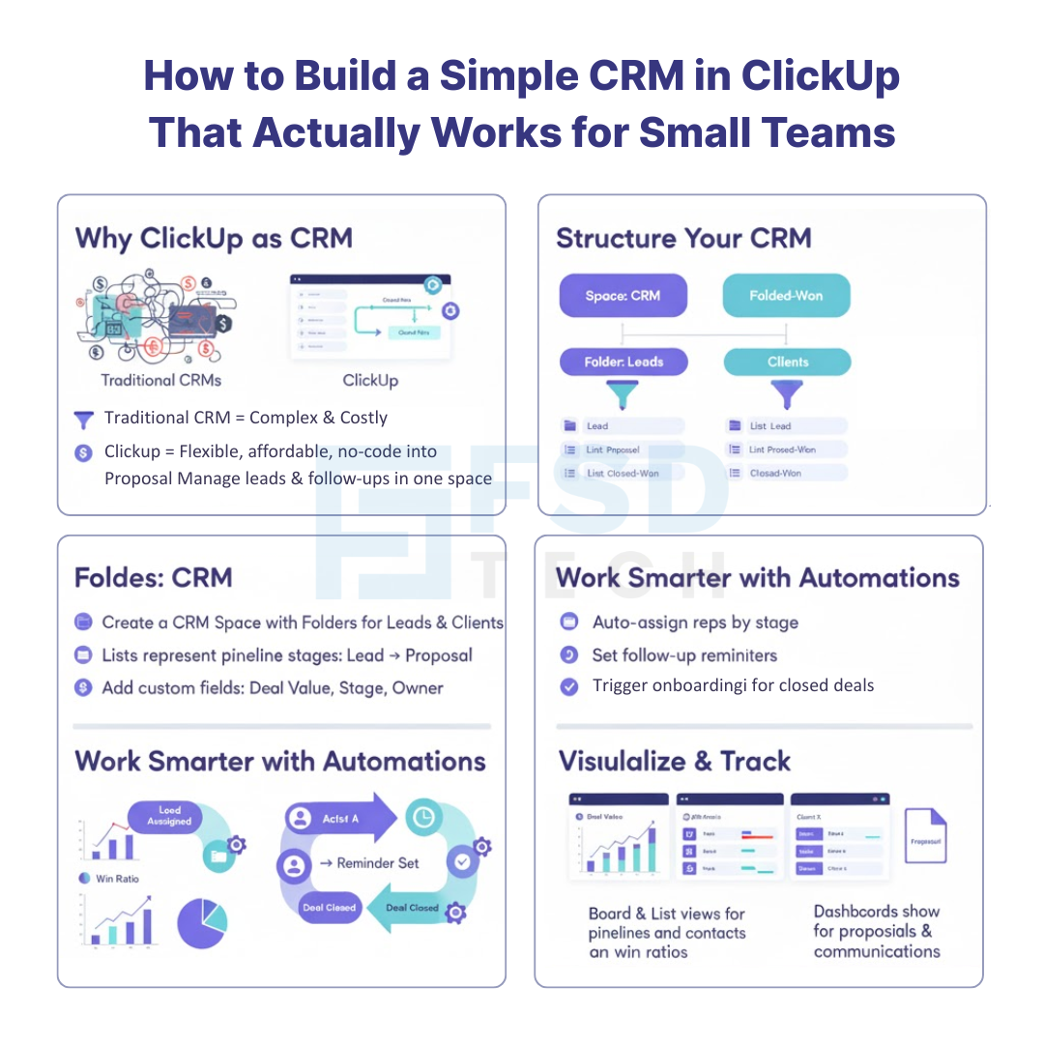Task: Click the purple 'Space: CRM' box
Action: (623, 296)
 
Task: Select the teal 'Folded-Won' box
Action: (786, 296)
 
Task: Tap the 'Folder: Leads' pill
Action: (623, 362)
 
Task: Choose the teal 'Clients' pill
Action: (787, 362)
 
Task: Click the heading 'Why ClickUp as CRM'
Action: (214, 238)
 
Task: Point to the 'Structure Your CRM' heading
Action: (683, 238)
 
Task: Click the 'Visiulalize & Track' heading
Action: (675, 761)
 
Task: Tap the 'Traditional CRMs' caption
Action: (161, 380)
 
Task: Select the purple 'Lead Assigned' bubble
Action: (169, 816)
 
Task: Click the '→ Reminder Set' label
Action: (369, 862)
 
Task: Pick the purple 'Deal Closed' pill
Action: (330, 908)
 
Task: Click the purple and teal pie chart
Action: (202, 922)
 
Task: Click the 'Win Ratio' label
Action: (118, 879)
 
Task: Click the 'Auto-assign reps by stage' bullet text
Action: (695, 623)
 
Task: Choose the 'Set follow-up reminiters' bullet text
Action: (684, 655)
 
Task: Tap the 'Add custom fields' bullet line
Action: (272, 688)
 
